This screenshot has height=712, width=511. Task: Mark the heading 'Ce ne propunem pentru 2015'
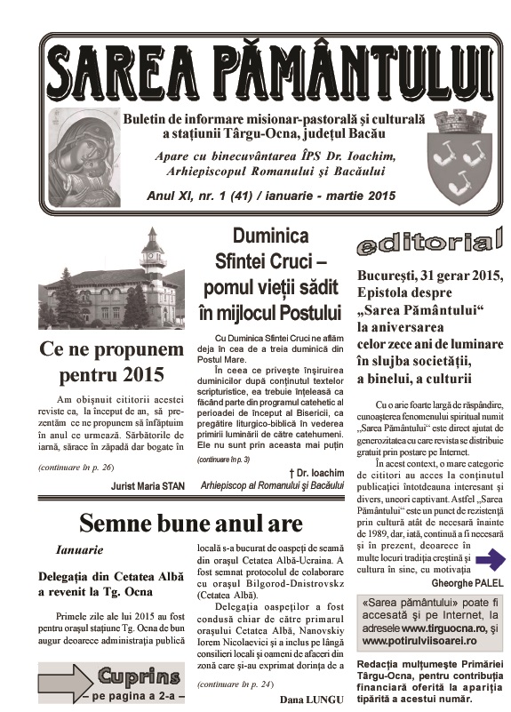point(111,359)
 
